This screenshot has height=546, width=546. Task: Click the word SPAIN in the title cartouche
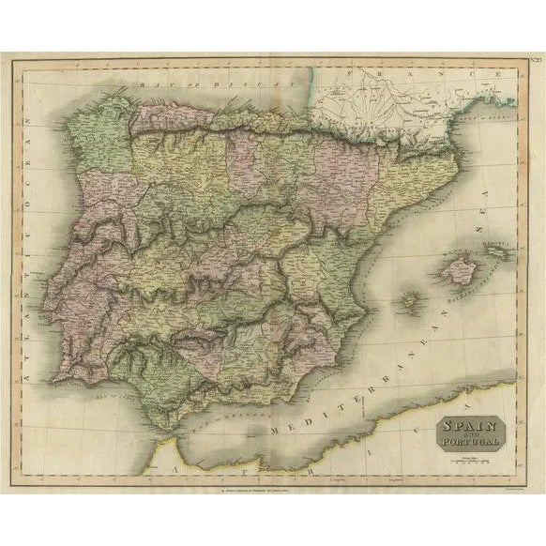[466, 424]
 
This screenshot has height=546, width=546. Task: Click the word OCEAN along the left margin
[42, 150]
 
